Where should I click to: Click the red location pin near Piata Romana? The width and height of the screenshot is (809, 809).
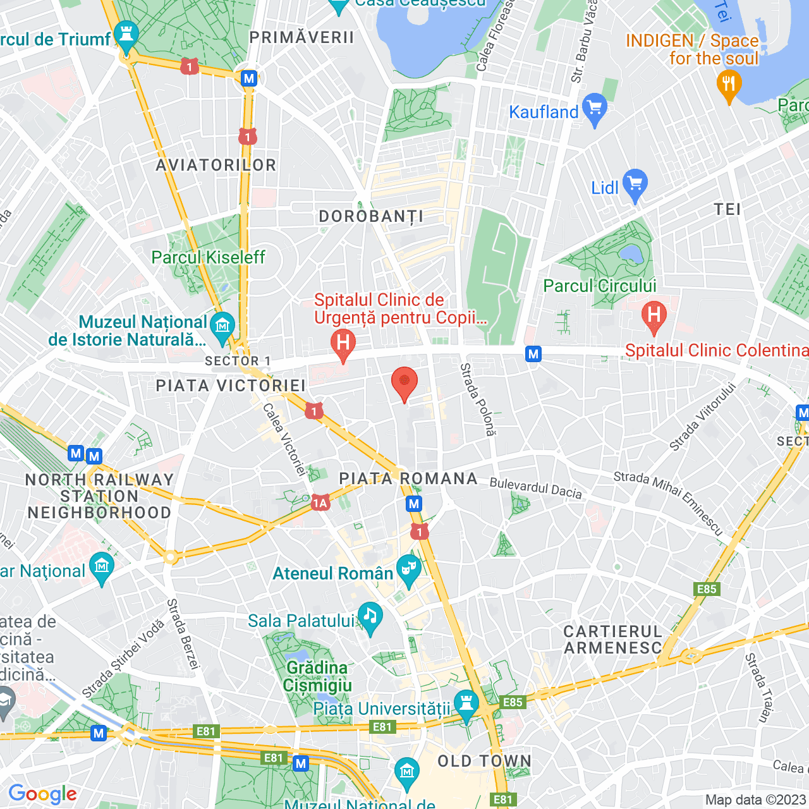404,383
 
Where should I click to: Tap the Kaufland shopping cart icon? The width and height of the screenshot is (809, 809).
595,109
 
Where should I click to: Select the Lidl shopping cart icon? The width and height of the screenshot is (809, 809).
635,185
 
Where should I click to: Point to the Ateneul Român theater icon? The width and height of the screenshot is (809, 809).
409,569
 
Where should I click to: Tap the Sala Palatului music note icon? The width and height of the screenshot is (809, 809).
370,617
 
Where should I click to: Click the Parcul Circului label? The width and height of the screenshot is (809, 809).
600,286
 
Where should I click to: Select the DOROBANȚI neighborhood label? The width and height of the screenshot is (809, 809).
371,217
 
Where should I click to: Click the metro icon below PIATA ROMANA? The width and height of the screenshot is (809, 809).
414,504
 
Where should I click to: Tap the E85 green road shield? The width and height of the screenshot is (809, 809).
707,589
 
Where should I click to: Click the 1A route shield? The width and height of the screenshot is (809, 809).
320,503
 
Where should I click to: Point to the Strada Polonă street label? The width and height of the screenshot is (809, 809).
477,399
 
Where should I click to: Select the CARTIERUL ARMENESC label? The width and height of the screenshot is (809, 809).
612,640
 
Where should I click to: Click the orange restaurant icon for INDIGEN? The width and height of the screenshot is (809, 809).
729,85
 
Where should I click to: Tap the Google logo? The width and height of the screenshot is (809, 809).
42,794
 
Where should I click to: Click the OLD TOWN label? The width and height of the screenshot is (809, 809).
484,761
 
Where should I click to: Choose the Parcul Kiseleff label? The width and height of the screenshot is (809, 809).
208,257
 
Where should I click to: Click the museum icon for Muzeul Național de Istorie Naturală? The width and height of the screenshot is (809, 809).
222,327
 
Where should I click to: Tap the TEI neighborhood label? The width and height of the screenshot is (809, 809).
727,209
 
